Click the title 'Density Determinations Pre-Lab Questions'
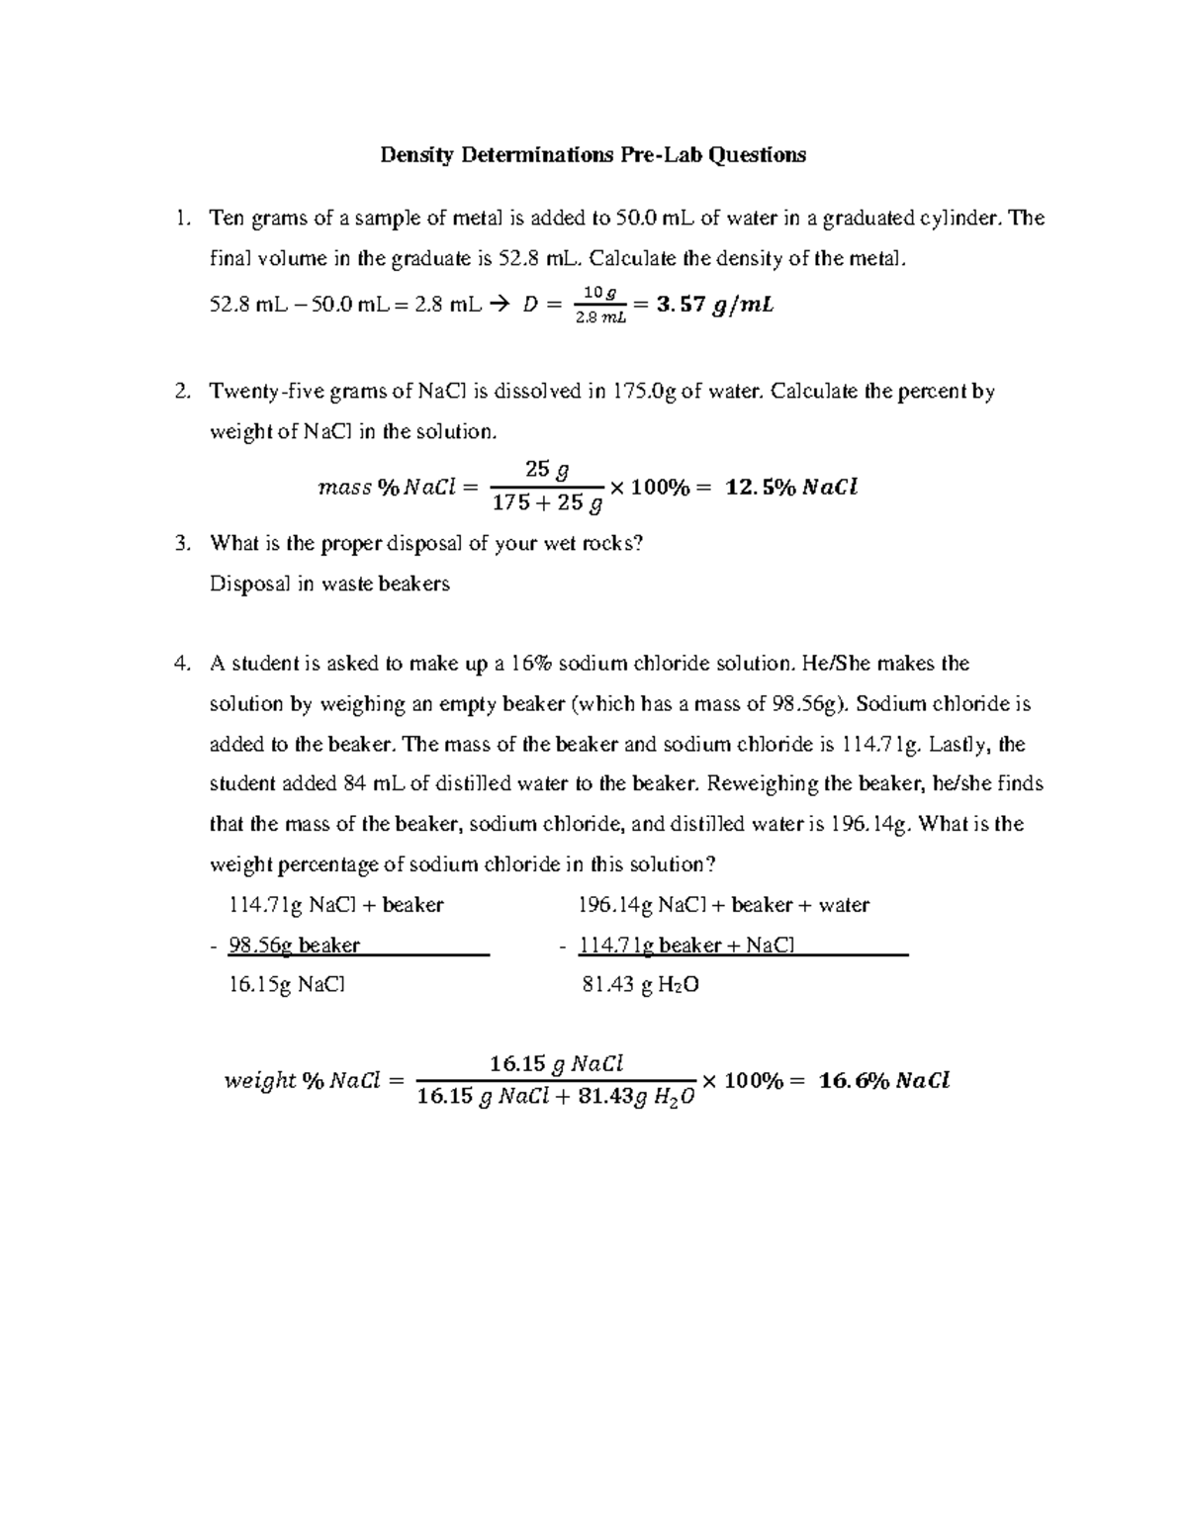coord(593,154)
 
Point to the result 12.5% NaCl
coord(791,487)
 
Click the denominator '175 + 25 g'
coord(547,503)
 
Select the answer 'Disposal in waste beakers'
coord(329,584)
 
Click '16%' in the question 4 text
coord(532,664)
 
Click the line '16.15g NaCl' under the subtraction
coord(287,985)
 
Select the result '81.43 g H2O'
coord(642,985)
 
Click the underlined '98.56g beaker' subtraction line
coord(294,946)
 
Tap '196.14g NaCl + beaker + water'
coord(723,905)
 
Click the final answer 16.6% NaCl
coord(883,1081)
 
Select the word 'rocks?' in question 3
coord(612,543)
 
